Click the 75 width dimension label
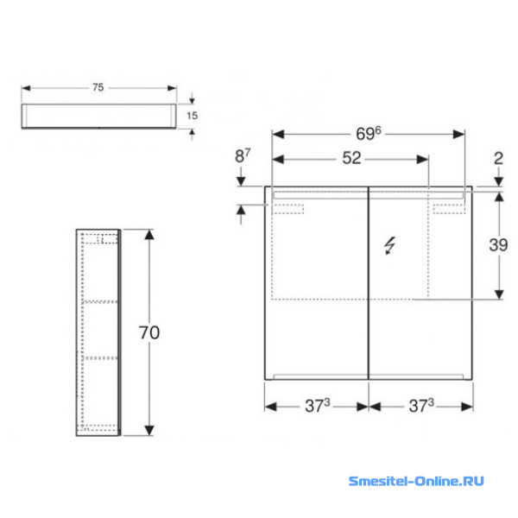[x=98, y=87]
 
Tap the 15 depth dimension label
[x=192, y=116]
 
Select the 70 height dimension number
[x=149, y=332]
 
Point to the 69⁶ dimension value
[x=369, y=134]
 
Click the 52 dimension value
[x=351, y=158]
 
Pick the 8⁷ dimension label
[x=243, y=155]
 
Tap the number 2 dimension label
[x=498, y=159]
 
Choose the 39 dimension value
[x=498, y=245]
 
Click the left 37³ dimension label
[x=317, y=406]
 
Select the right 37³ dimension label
[x=421, y=406]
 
